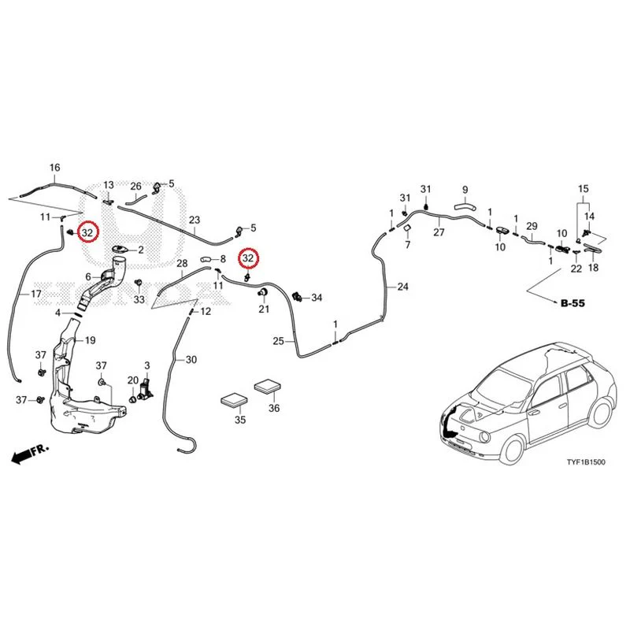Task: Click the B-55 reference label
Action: (x=573, y=303)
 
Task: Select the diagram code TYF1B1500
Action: (x=585, y=462)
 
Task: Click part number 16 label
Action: (x=54, y=168)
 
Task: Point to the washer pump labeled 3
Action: (x=146, y=389)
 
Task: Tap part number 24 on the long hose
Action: (x=402, y=287)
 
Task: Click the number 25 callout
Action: (x=279, y=341)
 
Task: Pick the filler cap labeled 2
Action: (x=120, y=249)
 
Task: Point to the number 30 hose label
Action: (x=191, y=360)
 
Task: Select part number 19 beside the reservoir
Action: (x=91, y=340)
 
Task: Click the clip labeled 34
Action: (x=298, y=297)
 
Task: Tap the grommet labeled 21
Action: (x=263, y=292)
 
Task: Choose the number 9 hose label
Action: (x=465, y=190)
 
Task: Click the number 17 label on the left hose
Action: (x=36, y=294)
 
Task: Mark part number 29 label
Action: (x=532, y=226)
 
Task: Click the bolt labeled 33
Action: (x=139, y=283)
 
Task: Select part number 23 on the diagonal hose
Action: (x=195, y=220)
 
